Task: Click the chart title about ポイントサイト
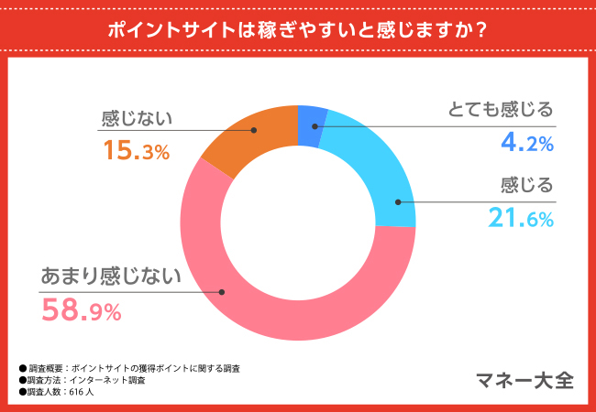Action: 297,28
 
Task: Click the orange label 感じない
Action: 137,118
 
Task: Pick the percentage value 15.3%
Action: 136,150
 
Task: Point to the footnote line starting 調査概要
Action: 134,368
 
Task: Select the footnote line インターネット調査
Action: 87,379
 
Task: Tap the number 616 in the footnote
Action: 76,391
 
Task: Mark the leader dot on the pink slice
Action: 222,292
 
